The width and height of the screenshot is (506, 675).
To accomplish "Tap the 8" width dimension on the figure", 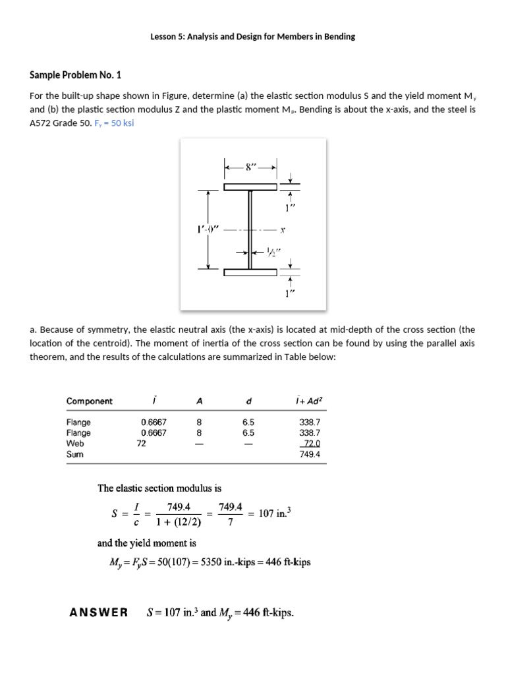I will [250, 167].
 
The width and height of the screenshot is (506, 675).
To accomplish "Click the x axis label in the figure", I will [282, 231].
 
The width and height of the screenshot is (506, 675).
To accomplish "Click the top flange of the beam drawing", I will [250, 187].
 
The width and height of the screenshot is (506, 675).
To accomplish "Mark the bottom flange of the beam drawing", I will [250, 272].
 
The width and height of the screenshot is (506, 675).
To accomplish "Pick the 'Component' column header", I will [89, 401].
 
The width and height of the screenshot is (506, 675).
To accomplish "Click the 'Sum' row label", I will [75, 454].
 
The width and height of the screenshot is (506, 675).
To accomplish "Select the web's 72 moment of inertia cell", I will [141, 444].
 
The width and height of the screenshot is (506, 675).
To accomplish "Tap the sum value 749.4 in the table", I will [309, 454].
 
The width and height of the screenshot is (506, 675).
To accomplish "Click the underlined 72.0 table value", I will [310, 444].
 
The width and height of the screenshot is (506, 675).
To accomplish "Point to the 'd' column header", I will [248, 401].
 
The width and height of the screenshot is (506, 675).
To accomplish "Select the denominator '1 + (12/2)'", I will [179, 523].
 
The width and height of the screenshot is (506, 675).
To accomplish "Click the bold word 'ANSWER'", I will [99, 613].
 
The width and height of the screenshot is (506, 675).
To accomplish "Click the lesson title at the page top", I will [253, 37].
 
